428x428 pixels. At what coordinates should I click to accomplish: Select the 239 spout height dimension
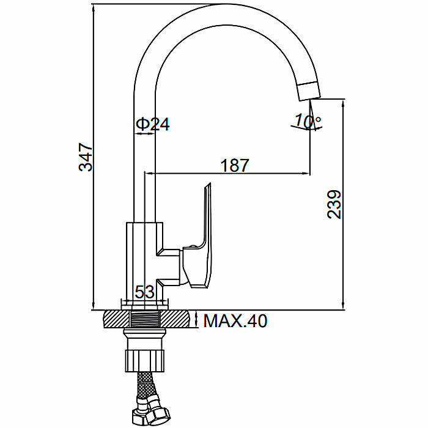coord(334,204)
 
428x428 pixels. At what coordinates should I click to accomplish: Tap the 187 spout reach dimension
coord(235,165)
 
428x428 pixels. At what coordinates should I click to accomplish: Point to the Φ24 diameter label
coord(152,124)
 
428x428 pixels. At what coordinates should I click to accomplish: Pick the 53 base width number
coord(145,292)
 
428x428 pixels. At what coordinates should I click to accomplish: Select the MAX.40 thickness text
coord(235,320)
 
